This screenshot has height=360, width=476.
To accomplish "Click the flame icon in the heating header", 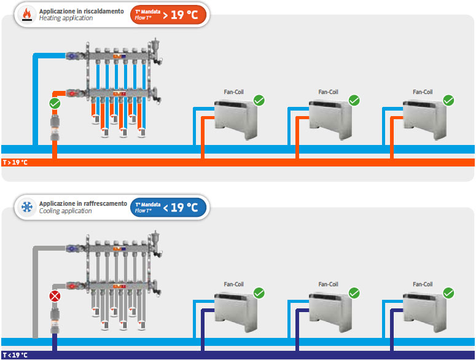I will [x=27, y=14].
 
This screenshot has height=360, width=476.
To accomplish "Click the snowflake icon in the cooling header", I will [x=27, y=207].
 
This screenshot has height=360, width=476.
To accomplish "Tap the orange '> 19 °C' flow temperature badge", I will [x=168, y=14].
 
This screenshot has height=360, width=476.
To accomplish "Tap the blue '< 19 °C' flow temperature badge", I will [x=168, y=207].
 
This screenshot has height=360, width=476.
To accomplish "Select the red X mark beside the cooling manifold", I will [x=55, y=297].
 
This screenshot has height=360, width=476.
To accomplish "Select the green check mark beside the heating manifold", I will [x=55, y=104].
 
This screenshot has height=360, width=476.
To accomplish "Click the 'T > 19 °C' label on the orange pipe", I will [x=15, y=163].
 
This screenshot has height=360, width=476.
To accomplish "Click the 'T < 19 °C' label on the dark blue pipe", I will [x=15, y=355].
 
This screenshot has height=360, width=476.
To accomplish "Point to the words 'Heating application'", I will [x=66, y=18].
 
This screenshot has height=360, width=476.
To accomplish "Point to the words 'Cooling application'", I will [x=66, y=211].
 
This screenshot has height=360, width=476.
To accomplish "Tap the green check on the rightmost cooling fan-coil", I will [x=448, y=292].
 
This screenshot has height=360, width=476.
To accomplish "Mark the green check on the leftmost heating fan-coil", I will [x=259, y=100].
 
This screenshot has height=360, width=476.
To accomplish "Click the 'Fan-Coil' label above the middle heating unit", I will [x=329, y=92].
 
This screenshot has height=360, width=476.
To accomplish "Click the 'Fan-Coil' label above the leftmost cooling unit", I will [x=234, y=284].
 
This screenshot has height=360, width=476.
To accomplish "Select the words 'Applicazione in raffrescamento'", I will [x=84, y=203].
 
